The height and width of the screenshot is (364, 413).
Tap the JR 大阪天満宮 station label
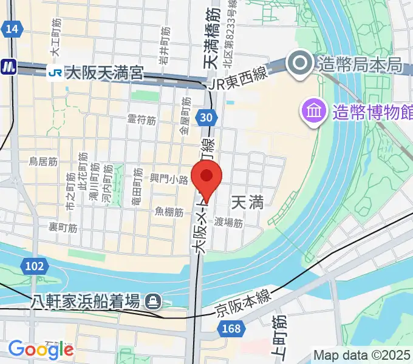(104, 74)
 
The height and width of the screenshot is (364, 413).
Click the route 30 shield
(207, 118)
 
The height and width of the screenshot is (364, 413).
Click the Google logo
(41, 349)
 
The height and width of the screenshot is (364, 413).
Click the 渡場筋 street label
(228, 223)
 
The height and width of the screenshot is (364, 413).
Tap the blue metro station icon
(8, 66)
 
